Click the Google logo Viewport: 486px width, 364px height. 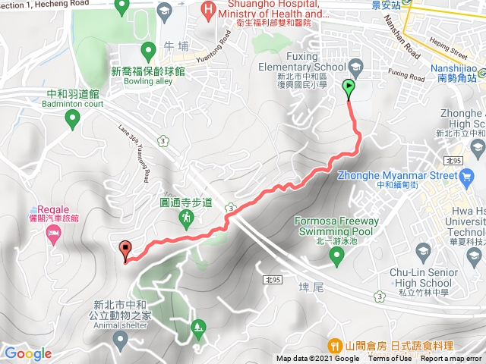[x=27, y=353]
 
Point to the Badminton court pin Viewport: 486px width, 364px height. [x=72, y=118]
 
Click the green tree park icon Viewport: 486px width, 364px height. [x=199, y=328]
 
